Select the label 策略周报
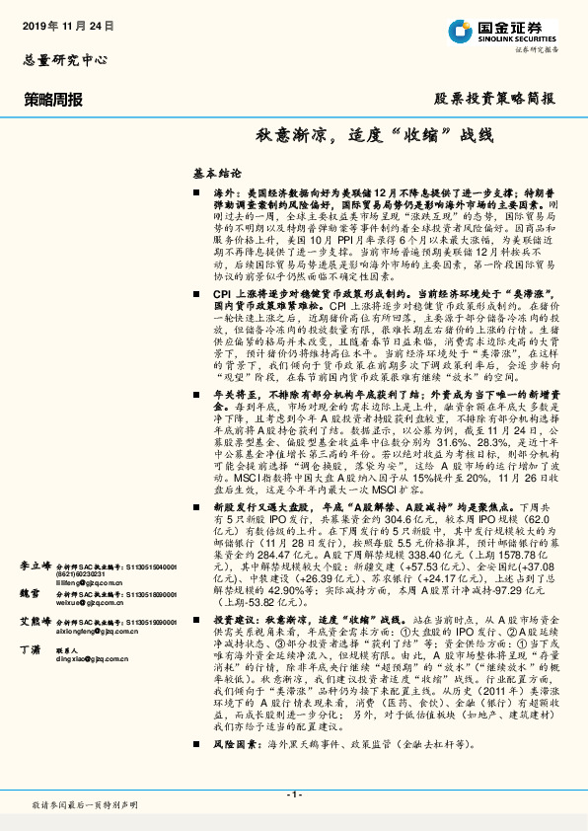[53, 99]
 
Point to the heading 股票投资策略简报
[494, 99]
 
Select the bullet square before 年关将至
[197, 395]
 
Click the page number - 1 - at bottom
[293, 794]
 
